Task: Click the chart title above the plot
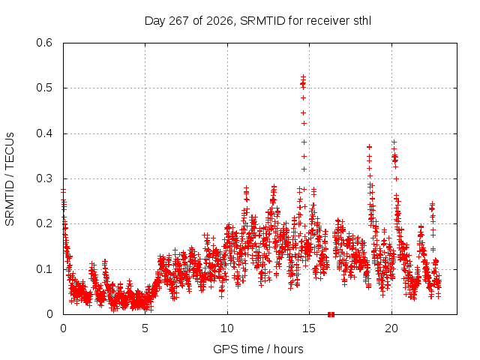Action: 258,21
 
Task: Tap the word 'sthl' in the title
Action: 362,21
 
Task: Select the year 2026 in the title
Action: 220,21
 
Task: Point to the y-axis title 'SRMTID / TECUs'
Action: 10,179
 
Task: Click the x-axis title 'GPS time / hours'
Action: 258,349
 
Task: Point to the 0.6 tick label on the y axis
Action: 44,43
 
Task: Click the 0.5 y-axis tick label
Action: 44,88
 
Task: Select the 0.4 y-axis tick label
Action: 44,133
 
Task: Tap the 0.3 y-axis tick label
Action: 44,178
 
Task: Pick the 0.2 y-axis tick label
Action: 44,223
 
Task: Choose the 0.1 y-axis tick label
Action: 44,269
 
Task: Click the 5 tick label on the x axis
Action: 145,328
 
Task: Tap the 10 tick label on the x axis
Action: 227,328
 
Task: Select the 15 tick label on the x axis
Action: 309,328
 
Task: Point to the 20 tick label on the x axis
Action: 391,328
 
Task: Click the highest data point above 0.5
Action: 303,76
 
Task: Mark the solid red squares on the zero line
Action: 331,314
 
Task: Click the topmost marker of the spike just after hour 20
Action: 394,142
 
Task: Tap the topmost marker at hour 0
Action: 63,190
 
